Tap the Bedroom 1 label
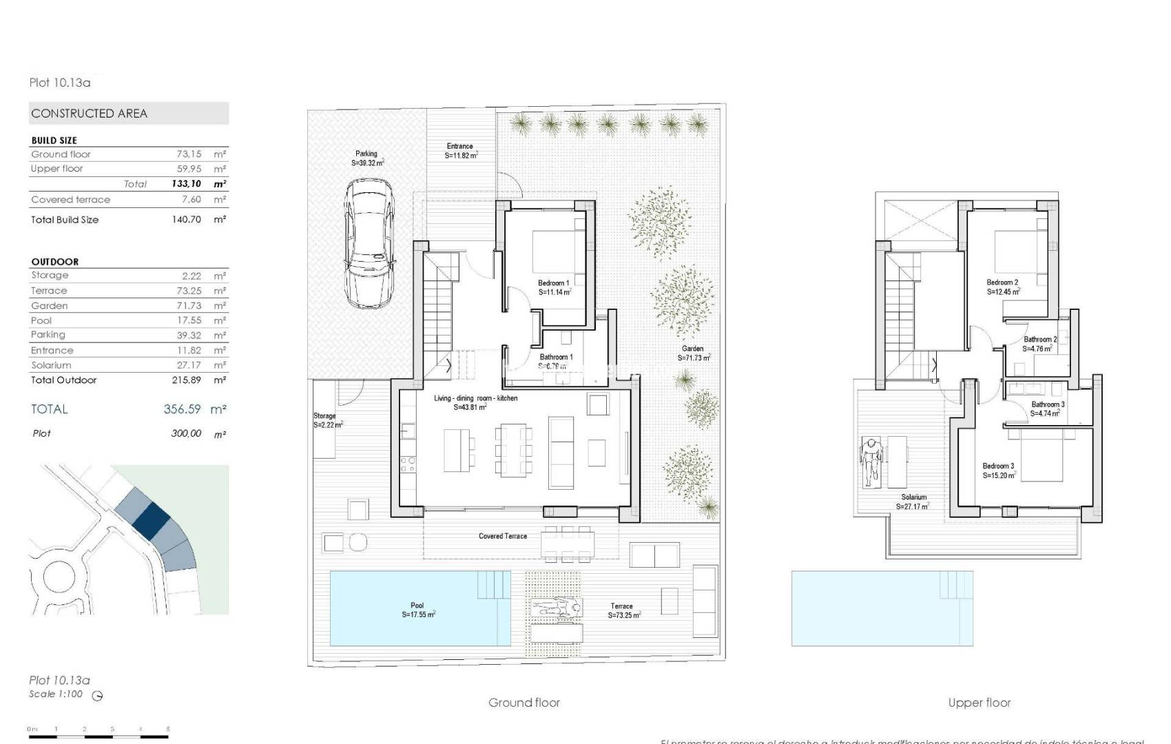click(x=553, y=283)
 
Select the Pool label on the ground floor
click(x=417, y=606)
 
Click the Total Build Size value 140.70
click(x=186, y=220)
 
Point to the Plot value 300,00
click(x=186, y=434)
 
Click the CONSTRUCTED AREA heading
click(x=90, y=114)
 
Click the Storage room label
click(x=324, y=416)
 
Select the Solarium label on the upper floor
click(x=914, y=497)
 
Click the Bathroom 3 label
click(x=1048, y=405)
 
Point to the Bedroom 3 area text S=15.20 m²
click(x=999, y=475)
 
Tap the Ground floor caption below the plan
click(x=524, y=703)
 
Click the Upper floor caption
click(x=979, y=703)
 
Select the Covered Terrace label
click(x=503, y=536)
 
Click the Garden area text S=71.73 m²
click(x=694, y=358)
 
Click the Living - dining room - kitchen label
click(x=475, y=398)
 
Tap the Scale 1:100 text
click(x=56, y=694)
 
